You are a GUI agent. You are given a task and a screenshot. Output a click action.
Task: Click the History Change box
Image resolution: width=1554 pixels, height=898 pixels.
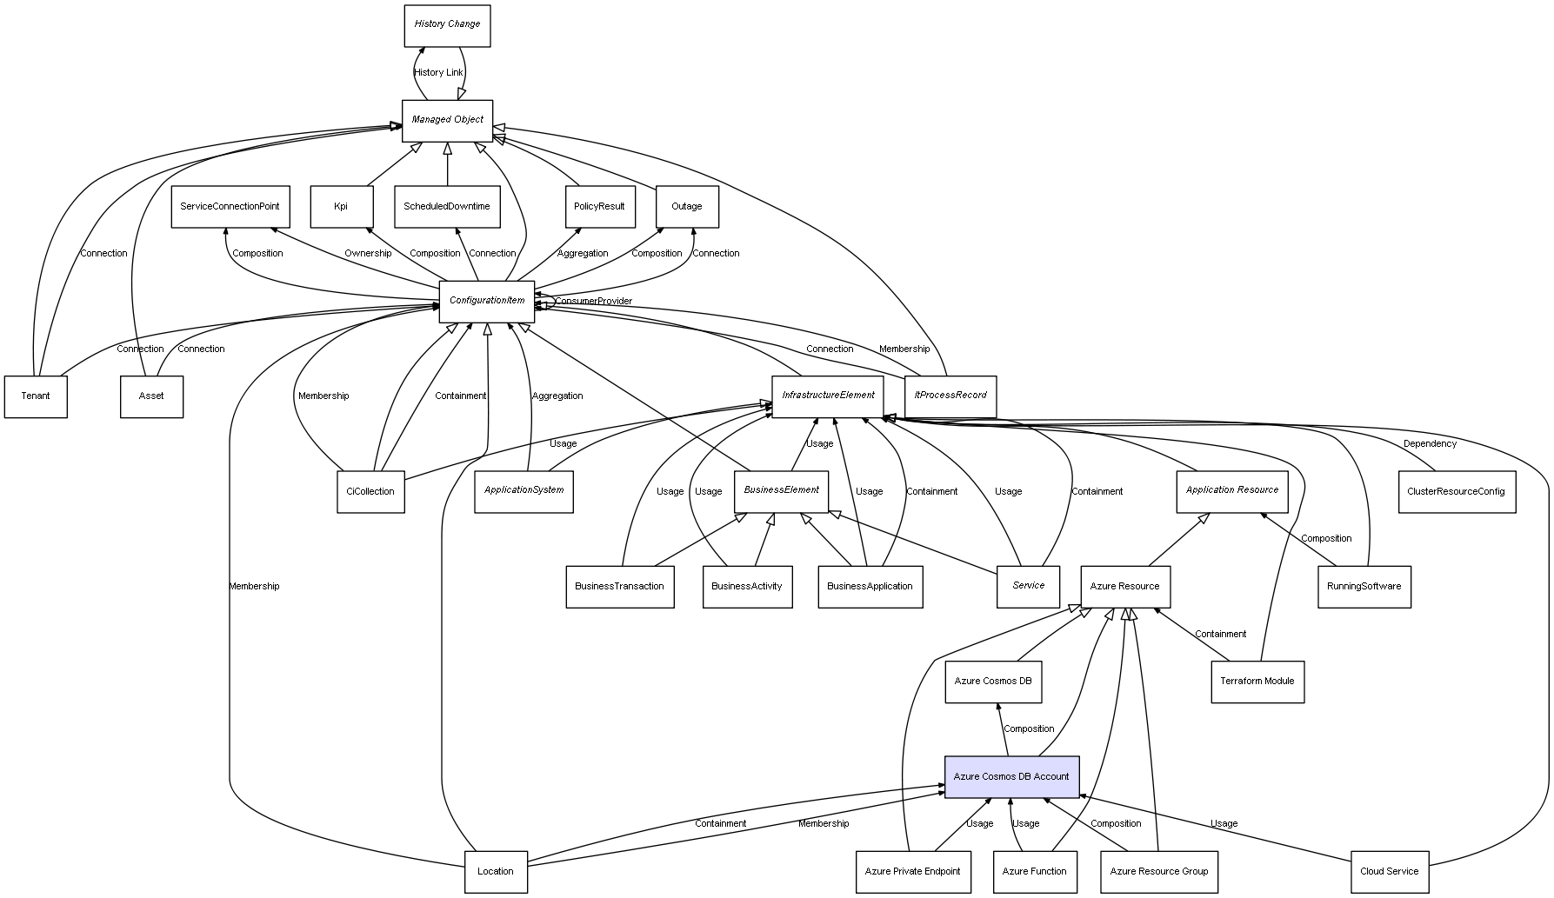click(447, 25)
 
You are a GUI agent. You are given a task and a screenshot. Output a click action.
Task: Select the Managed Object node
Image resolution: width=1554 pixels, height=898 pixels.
click(447, 120)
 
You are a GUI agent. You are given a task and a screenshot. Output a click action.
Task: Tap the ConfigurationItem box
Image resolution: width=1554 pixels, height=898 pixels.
click(487, 301)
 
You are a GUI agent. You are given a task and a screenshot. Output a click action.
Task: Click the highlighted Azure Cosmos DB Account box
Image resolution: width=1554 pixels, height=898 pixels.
click(1011, 776)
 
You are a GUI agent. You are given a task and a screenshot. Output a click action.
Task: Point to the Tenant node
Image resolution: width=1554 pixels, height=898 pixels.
click(36, 396)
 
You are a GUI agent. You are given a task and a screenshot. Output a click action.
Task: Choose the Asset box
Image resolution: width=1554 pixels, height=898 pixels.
click(151, 396)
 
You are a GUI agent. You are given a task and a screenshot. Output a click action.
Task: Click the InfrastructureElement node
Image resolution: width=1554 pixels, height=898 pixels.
click(828, 396)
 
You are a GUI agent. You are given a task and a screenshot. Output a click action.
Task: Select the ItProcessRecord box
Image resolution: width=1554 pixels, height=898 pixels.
click(950, 396)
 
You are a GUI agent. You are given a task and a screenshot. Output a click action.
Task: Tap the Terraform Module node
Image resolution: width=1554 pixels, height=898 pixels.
click(1257, 682)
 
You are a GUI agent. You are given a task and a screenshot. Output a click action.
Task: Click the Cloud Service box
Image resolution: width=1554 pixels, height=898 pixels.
click(1389, 871)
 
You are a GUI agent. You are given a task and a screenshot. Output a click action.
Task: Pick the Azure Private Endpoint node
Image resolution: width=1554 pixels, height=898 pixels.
click(912, 871)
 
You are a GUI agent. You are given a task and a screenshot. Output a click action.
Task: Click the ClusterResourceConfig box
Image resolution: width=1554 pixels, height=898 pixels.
click(1456, 491)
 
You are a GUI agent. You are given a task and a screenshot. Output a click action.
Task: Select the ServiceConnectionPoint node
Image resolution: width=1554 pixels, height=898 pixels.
click(230, 206)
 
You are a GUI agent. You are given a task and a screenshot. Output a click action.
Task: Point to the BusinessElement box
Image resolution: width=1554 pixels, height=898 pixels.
click(781, 490)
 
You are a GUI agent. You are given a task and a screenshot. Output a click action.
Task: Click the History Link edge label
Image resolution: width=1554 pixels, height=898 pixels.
click(438, 73)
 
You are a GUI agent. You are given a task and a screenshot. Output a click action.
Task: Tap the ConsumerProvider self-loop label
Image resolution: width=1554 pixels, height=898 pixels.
click(594, 302)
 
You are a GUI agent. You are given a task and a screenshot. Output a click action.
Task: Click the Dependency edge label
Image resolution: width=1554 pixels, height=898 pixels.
click(1430, 444)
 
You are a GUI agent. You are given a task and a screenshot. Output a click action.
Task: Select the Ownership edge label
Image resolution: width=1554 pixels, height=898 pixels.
click(368, 254)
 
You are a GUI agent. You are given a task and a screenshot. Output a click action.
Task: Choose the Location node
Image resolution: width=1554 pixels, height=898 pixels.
click(496, 871)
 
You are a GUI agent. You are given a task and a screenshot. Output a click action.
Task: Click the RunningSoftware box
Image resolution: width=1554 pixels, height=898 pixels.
click(1364, 587)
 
